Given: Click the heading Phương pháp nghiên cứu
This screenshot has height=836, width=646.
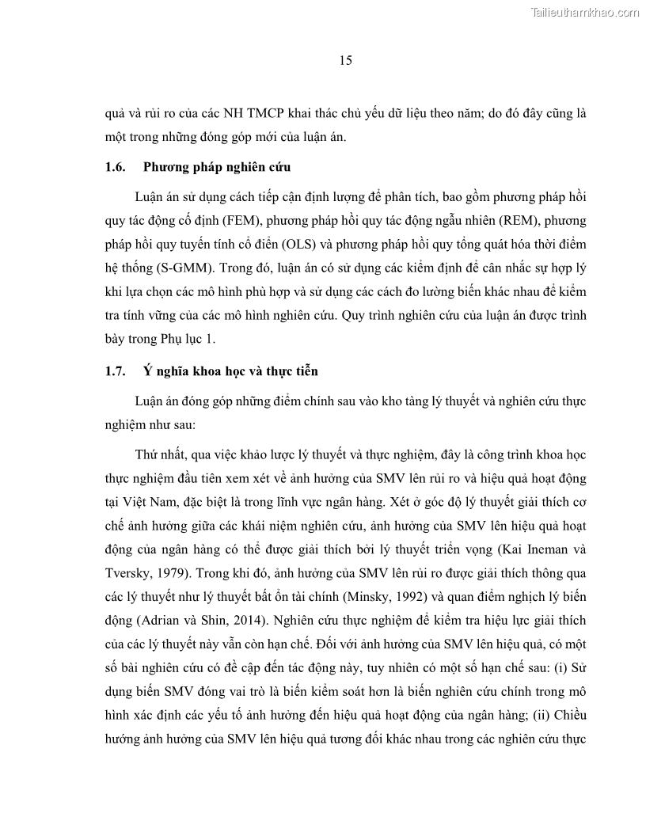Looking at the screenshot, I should (x=217, y=167).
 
